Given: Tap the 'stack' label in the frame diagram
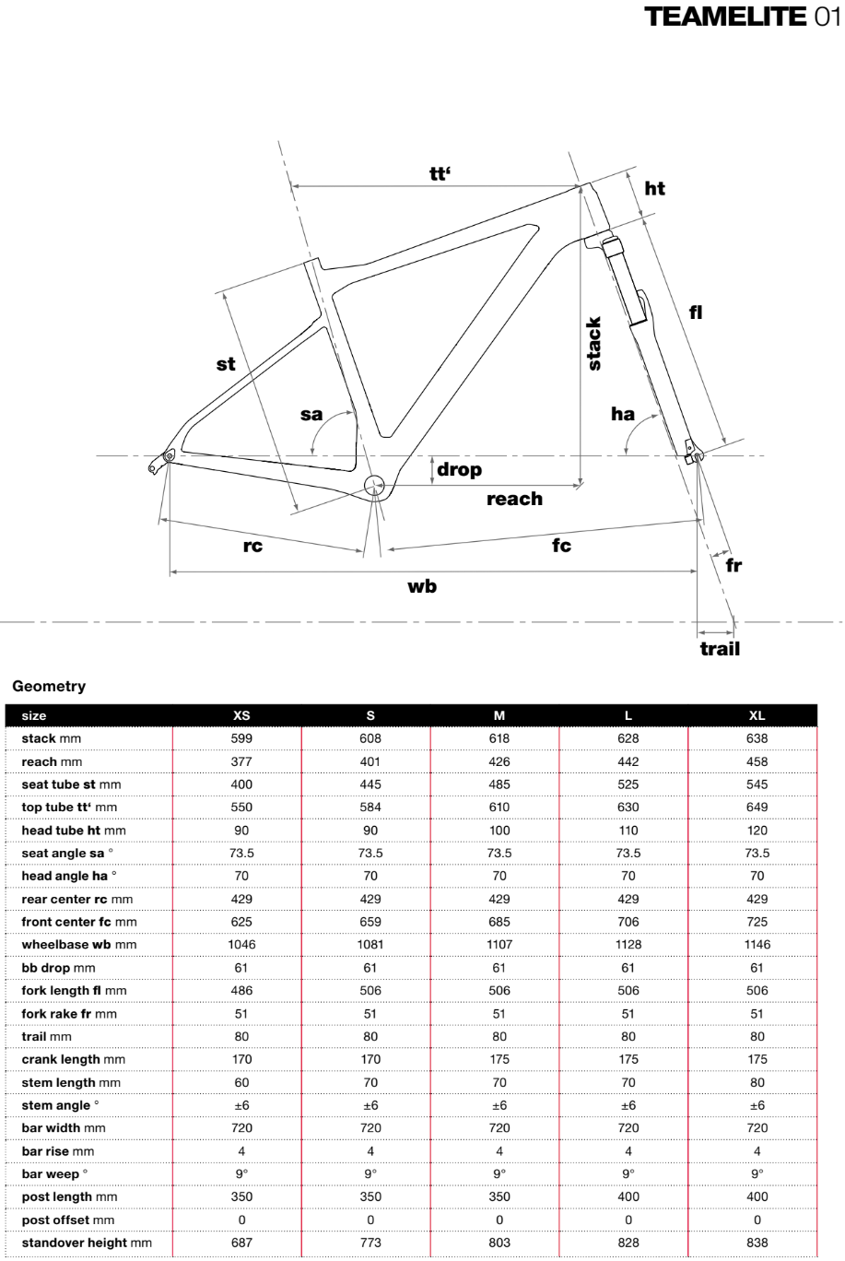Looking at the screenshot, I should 594,344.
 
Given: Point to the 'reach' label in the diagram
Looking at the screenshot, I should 514,499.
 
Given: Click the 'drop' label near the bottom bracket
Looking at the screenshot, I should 459,469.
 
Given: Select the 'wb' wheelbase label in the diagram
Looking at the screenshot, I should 422,585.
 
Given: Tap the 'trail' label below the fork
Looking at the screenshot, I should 720,649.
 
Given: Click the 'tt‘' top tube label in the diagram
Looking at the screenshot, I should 440,172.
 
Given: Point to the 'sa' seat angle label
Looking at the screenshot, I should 311,414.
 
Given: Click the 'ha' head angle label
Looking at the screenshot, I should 623,413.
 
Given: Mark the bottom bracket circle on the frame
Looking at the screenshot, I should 374,486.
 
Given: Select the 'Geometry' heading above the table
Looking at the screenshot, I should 49,686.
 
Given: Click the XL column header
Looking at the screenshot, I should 757,715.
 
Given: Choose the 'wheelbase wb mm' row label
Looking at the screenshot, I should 79,945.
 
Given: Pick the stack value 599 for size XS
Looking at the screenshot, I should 242,738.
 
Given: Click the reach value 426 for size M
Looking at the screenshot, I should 499,761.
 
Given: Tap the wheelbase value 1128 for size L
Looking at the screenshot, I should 628,945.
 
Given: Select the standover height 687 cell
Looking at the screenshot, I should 242,1243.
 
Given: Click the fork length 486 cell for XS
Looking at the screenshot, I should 242,991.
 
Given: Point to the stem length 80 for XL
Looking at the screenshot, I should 757,1082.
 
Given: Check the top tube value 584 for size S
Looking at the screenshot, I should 370,807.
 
